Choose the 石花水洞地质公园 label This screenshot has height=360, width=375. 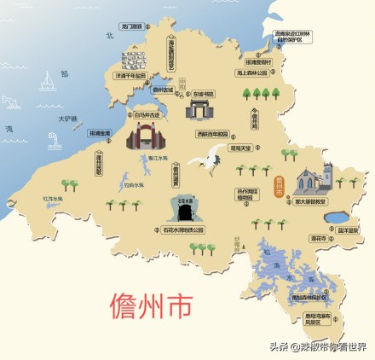pyautogui.click(x=183, y=229)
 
